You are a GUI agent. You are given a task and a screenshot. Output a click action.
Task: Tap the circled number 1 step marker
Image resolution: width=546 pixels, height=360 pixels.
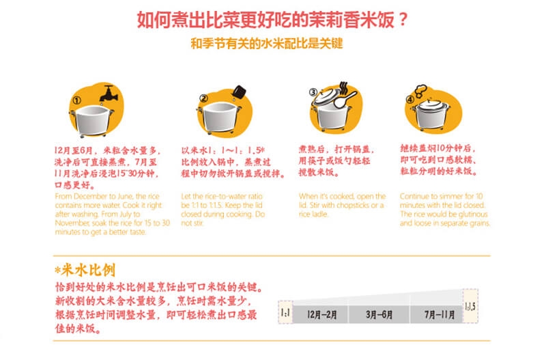(x=76, y=100)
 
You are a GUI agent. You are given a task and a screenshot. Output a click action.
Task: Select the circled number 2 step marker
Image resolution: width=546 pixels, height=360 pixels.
(x=203, y=98)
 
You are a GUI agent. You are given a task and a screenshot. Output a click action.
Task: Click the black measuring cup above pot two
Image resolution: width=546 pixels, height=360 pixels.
(x=239, y=92)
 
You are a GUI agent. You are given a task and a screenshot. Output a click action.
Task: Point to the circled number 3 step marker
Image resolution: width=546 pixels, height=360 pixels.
(x=313, y=92)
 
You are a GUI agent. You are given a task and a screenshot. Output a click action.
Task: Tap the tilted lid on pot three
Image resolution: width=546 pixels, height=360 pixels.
(x=326, y=96)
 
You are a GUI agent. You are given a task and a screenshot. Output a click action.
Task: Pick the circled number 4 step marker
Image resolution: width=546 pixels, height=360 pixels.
(x=410, y=100)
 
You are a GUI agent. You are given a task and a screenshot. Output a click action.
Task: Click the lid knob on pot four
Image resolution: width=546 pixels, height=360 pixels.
(x=429, y=100)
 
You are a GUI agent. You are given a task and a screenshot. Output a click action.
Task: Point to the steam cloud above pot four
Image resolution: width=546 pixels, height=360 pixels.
(x=420, y=90)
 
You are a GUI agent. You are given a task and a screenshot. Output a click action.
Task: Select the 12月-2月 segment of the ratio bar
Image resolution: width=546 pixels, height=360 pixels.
(x=321, y=315)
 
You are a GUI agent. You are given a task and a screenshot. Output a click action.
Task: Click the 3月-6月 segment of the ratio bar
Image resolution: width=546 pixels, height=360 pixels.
(x=379, y=315)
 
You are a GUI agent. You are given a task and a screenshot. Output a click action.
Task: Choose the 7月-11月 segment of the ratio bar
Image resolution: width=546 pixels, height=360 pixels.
(x=437, y=315)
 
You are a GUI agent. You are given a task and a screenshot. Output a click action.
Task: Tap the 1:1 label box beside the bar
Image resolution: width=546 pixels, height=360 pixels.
(x=285, y=312)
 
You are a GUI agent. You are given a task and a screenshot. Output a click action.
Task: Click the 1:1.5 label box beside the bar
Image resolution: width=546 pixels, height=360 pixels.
(x=470, y=305)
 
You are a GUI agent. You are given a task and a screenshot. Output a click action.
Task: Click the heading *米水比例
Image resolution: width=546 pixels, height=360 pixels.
(x=85, y=270)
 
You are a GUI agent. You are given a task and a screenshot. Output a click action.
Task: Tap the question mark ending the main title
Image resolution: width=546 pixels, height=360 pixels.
(x=403, y=20)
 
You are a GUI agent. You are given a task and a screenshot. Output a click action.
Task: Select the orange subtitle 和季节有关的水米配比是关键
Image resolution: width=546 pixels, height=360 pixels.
(x=267, y=44)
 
